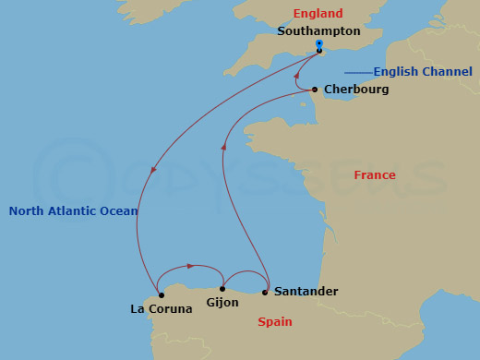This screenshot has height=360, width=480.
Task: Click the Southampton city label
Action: [x=318, y=30]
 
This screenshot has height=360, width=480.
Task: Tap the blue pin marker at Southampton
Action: [x=318, y=44]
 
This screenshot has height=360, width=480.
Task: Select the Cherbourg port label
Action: [x=356, y=90]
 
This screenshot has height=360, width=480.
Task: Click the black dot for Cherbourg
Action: [x=315, y=90]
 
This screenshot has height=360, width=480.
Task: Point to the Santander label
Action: [x=306, y=292]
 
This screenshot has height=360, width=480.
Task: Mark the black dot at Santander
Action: [x=266, y=293]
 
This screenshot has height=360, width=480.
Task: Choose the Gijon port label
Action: [x=223, y=303]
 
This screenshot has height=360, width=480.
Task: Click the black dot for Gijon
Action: [x=222, y=289]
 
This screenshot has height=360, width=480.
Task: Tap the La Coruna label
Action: [x=162, y=309]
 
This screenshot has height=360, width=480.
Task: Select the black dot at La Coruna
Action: [x=162, y=295]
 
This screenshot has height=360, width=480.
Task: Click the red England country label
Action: [x=318, y=14]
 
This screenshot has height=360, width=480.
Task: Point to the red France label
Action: [x=375, y=175]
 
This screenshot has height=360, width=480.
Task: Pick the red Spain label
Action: [x=276, y=322]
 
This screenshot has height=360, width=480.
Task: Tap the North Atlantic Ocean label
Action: [x=73, y=211]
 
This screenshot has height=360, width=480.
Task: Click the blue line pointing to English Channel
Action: [x=351, y=72]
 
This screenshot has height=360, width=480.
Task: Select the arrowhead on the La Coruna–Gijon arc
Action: [x=189, y=266]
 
